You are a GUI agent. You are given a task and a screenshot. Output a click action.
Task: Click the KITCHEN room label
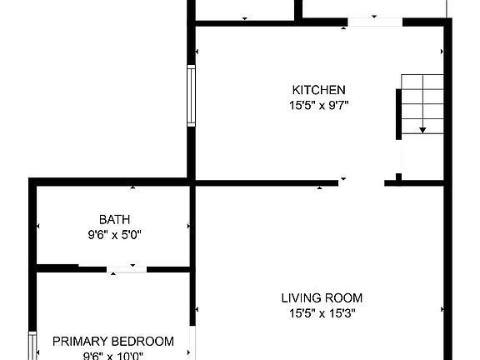(x=318, y=90)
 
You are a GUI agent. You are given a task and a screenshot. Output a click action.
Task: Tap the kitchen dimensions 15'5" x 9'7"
(x=318, y=105)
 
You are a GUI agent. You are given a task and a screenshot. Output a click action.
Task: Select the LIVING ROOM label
(x=322, y=297)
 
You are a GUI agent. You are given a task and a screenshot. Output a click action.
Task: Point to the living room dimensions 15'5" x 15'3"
(x=322, y=313)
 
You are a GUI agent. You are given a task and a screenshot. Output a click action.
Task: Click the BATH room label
(x=114, y=220)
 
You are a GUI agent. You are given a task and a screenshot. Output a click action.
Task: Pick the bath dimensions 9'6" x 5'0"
(x=114, y=235)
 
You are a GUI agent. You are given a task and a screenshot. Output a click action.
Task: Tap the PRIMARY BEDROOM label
(x=113, y=341)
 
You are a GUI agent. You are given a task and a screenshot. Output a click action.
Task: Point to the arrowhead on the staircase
(x=423, y=130)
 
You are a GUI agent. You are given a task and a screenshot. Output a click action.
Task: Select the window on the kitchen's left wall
(x=191, y=97)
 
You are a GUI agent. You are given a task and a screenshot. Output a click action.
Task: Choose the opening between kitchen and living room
(x=362, y=182)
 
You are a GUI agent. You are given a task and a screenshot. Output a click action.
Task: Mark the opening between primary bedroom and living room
(x=192, y=342)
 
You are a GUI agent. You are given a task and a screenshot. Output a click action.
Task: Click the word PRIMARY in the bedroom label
(x=80, y=341)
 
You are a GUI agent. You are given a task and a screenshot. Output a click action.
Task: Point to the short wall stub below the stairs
(x=398, y=177)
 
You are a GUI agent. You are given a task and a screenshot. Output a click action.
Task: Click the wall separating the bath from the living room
(x=192, y=225)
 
